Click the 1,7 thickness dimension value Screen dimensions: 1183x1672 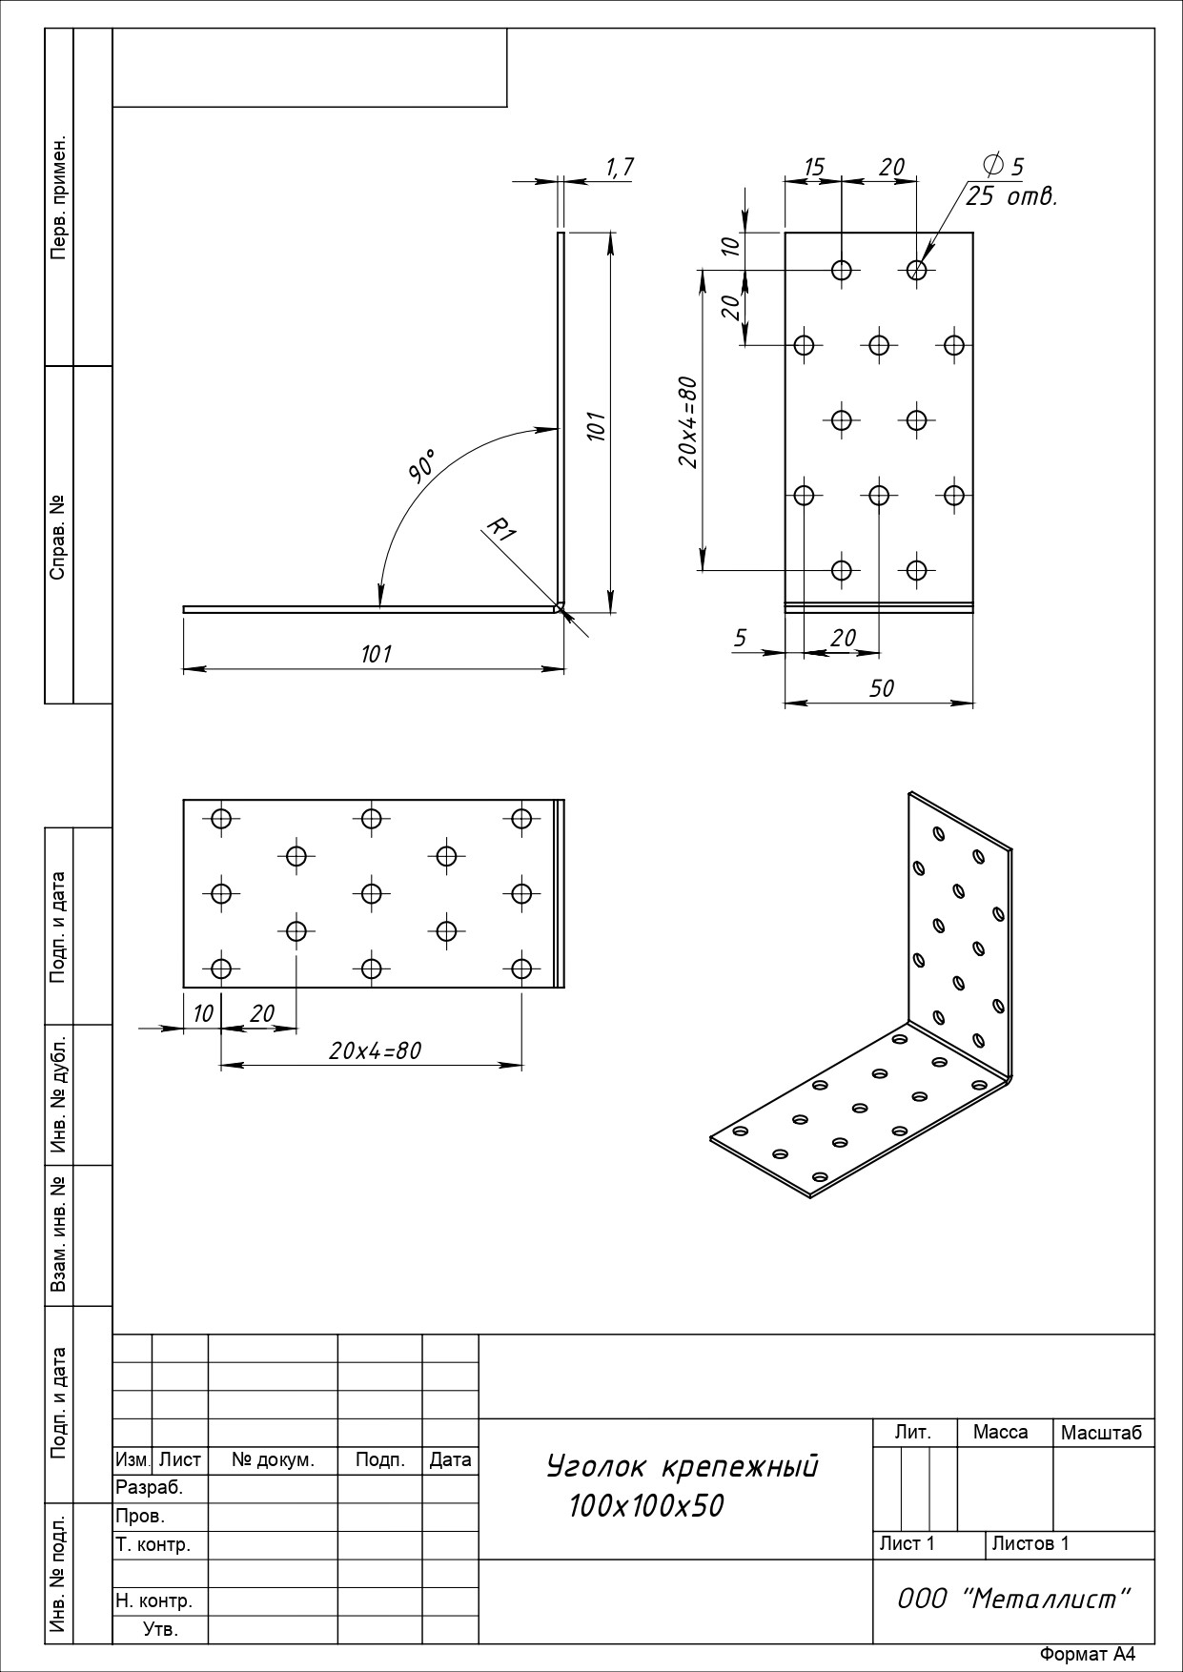[620, 168]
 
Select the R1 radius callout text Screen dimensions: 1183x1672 [501, 529]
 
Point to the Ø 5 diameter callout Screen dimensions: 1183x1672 [1002, 166]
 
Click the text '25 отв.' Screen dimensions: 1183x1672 [1011, 197]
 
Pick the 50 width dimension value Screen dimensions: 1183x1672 [882, 688]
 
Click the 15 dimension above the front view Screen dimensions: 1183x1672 [813, 167]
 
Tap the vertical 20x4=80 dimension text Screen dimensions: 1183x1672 [688, 422]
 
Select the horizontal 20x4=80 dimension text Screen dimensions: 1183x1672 [375, 1050]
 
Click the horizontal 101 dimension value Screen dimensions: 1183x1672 [377, 654]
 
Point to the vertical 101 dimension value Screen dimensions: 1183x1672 [596, 425]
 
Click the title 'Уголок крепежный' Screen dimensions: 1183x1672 [683, 1466]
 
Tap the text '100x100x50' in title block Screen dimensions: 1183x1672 [646, 1506]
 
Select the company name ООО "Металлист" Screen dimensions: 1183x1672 [1014, 1599]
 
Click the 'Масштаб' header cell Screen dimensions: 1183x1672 [1101, 1433]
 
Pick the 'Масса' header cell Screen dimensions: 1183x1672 [1000, 1432]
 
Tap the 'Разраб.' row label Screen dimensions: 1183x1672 [149, 1487]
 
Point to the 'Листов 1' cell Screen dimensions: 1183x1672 [1030, 1543]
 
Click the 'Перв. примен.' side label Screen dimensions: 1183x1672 [59, 197]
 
